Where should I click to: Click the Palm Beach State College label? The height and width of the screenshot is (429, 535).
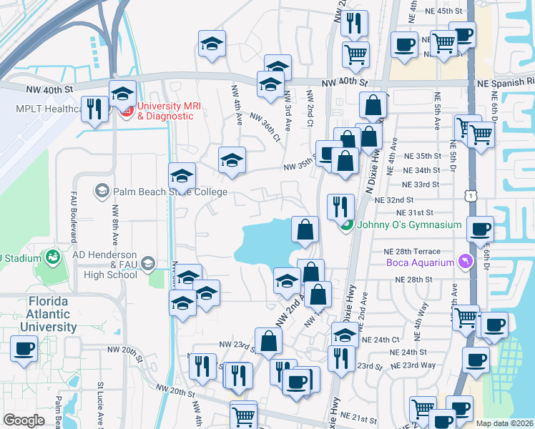click(170, 192)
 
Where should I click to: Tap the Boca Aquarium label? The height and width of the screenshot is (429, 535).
click(421, 262)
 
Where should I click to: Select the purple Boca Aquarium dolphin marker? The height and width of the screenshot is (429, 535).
click(466, 262)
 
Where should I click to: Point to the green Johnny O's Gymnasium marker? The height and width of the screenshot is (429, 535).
click(346, 225)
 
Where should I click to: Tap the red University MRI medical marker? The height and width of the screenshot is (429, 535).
click(127, 111)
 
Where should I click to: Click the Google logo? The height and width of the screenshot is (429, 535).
click(24, 420)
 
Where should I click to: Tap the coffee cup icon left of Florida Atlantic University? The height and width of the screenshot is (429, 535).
click(24, 349)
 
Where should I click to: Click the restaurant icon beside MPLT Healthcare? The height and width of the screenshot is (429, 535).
click(94, 109)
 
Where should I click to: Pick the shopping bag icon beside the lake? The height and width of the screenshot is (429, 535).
click(305, 230)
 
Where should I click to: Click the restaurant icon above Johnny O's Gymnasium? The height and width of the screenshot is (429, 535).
click(340, 207)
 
